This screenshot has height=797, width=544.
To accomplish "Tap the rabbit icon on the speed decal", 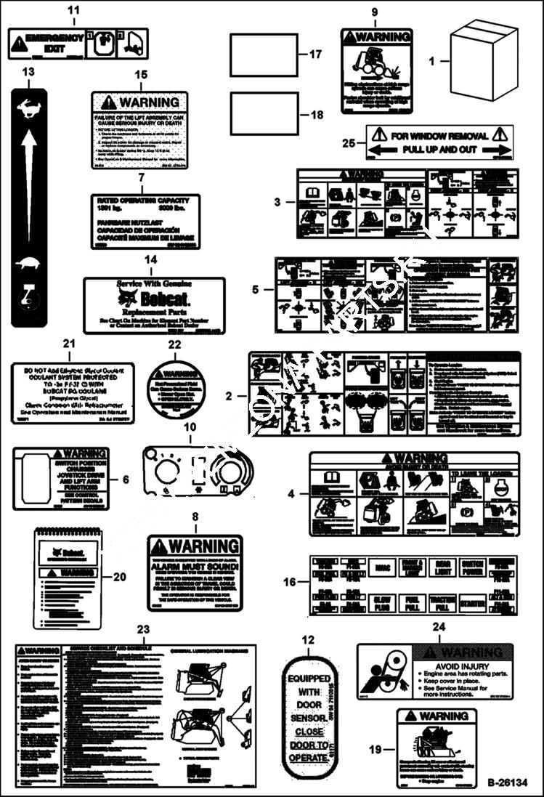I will coord(30,108).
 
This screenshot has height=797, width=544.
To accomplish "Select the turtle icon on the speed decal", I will coord(30,263).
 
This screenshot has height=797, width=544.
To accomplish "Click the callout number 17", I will coord(314,54).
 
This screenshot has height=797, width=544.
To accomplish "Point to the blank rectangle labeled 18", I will coord(265,113).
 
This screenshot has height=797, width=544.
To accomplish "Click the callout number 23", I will coord(143,629).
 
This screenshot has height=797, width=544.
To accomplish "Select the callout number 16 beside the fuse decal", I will coord(290,583).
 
